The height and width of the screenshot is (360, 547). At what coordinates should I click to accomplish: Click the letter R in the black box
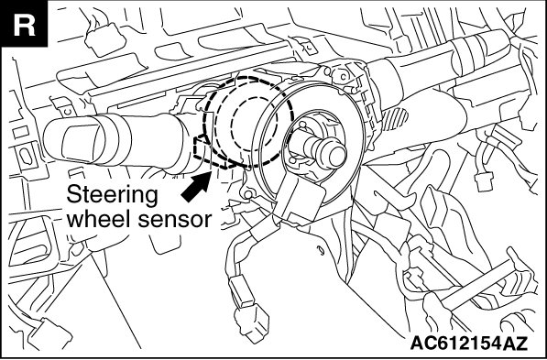24,26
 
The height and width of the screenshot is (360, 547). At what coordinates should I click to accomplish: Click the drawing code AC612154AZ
469,344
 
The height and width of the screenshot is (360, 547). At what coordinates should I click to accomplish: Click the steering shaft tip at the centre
335,156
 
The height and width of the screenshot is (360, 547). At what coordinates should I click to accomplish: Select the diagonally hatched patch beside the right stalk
395,119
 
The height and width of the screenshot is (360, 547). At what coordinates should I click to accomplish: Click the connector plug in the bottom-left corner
49,334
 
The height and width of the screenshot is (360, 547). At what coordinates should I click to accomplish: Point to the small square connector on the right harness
484,181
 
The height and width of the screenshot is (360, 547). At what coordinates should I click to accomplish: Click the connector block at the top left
105,38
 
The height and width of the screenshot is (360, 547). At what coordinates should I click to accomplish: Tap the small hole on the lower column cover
319,249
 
